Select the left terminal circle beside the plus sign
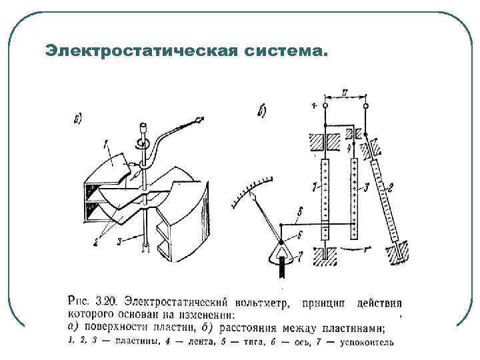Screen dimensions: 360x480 [325, 106]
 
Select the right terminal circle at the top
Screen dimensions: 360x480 [365, 106]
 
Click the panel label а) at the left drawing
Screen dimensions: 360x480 [78, 121]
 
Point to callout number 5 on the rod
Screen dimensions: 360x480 [301, 211]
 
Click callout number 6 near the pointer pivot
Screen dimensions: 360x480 [301, 234]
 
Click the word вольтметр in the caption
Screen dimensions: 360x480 [257, 304]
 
